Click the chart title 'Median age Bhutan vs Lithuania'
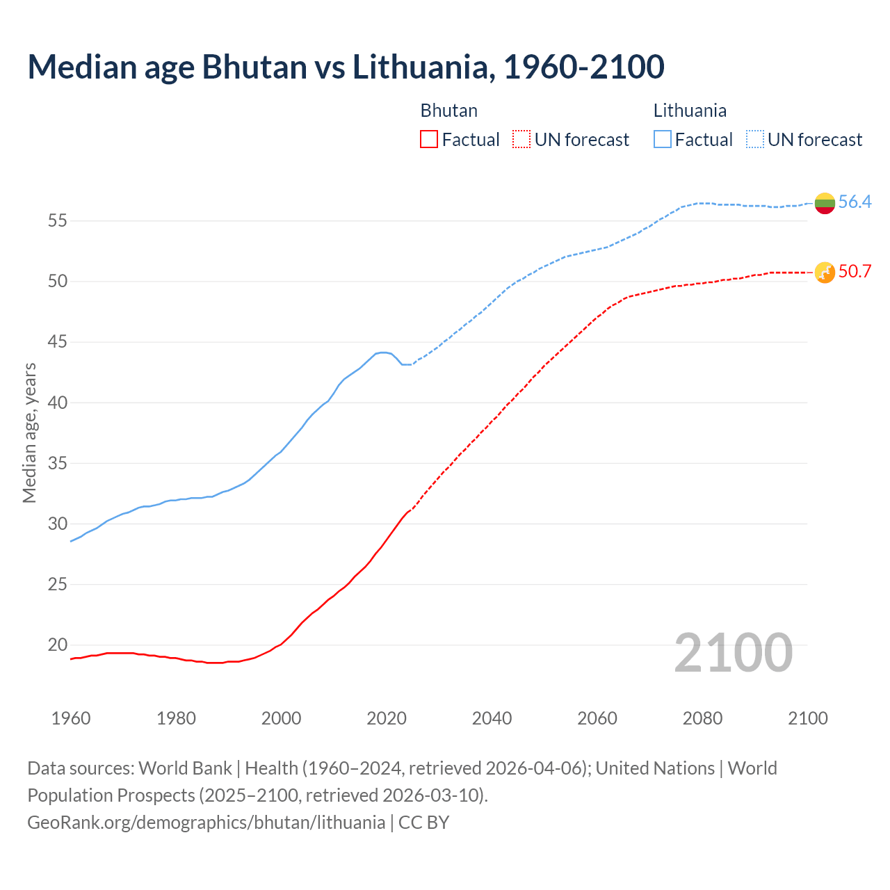tap(346, 67)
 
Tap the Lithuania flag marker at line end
tap(825, 203)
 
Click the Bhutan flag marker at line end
tap(825, 273)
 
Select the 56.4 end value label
tap(855, 202)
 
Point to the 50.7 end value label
tap(855, 272)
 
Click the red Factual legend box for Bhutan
tap(429, 140)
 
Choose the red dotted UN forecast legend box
tap(521, 140)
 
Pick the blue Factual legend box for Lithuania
tap(663, 140)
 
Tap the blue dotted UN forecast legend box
tap(755, 140)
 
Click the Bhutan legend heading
tap(448, 111)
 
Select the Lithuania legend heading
tap(690, 111)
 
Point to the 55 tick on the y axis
tap(57, 221)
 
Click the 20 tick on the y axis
tap(57, 645)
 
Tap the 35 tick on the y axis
tap(57, 463)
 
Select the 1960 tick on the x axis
tap(71, 718)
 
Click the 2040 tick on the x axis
tap(492, 718)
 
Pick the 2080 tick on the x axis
tap(702, 718)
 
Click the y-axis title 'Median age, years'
tap(29, 432)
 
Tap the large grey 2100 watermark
tap(733, 653)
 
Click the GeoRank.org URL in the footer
tap(206, 823)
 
